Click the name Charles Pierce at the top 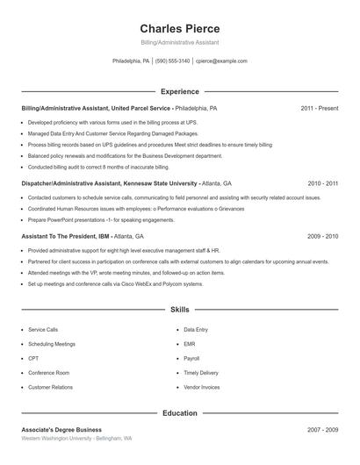[x=179, y=28]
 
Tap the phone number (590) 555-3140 [x=173, y=61]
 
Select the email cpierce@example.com [x=221, y=61]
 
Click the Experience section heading [x=179, y=91]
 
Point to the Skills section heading [x=179, y=310]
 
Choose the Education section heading [x=179, y=412]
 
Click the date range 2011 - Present [x=319, y=108]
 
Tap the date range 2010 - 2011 [x=322, y=184]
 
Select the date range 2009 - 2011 [x=322, y=236]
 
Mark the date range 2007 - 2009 [x=322, y=430]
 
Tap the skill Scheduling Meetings [x=52, y=344]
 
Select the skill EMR [x=190, y=344]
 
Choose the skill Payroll [x=192, y=358]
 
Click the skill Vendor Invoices [x=202, y=387]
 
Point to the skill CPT [x=33, y=358]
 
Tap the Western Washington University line [x=76, y=438]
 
